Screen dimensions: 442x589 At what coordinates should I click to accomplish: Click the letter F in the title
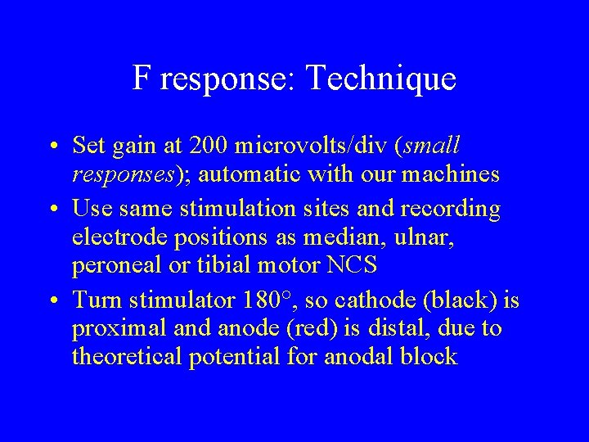click(x=142, y=79)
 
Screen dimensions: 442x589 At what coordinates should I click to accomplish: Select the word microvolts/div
click(x=311, y=146)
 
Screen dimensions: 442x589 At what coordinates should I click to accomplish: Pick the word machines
click(x=456, y=174)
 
